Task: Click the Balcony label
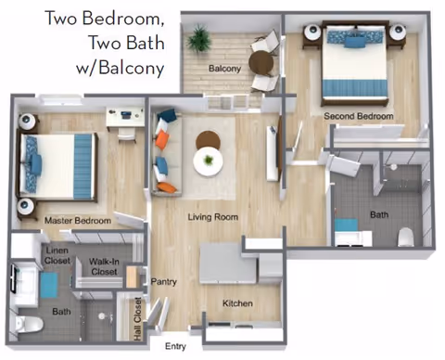(x=224, y=69)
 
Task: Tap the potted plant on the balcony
(x=199, y=39)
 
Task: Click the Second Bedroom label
(x=359, y=116)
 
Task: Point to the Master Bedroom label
(x=78, y=221)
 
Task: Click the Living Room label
(x=213, y=217)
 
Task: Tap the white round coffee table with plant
(x=209, y=161)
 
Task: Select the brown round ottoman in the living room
(x=208, y=139)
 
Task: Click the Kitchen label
(x=237, y=303)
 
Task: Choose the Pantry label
(x=163, y=282)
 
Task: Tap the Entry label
(x=175, y=346)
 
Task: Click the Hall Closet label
(x=137, y=319)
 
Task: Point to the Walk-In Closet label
(x=104, y=266)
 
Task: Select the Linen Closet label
(x=57, y=255)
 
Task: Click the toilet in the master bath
(x=29, y=325)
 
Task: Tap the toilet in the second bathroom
(x=406, y=237)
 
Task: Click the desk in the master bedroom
(x=125, y=117)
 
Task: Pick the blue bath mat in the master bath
(x=49, y=285)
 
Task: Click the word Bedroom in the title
(x=122, y=19)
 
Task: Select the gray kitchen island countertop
(x=228, y=263)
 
